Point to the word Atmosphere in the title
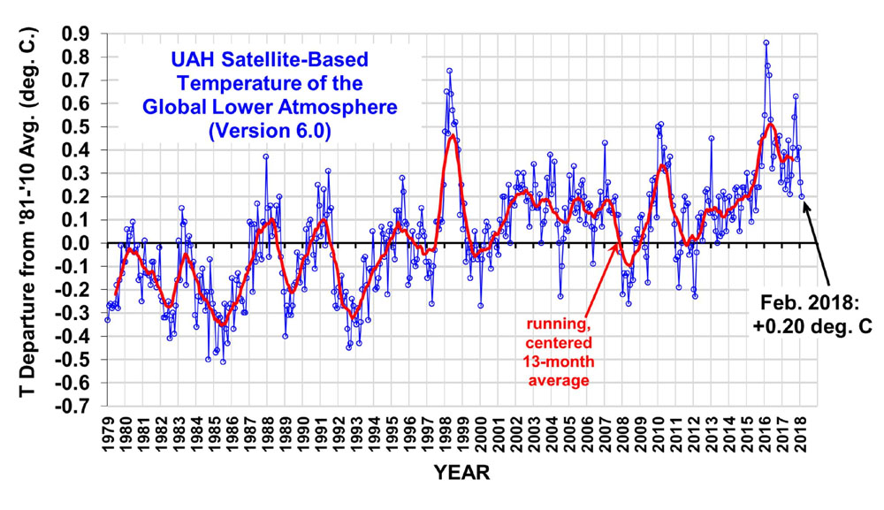tap(342, 107)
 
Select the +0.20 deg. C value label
tap(813, 325)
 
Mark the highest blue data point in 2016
tap(766, 42)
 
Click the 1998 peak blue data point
tap(449, 71)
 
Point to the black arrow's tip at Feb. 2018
tap(804, 200)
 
